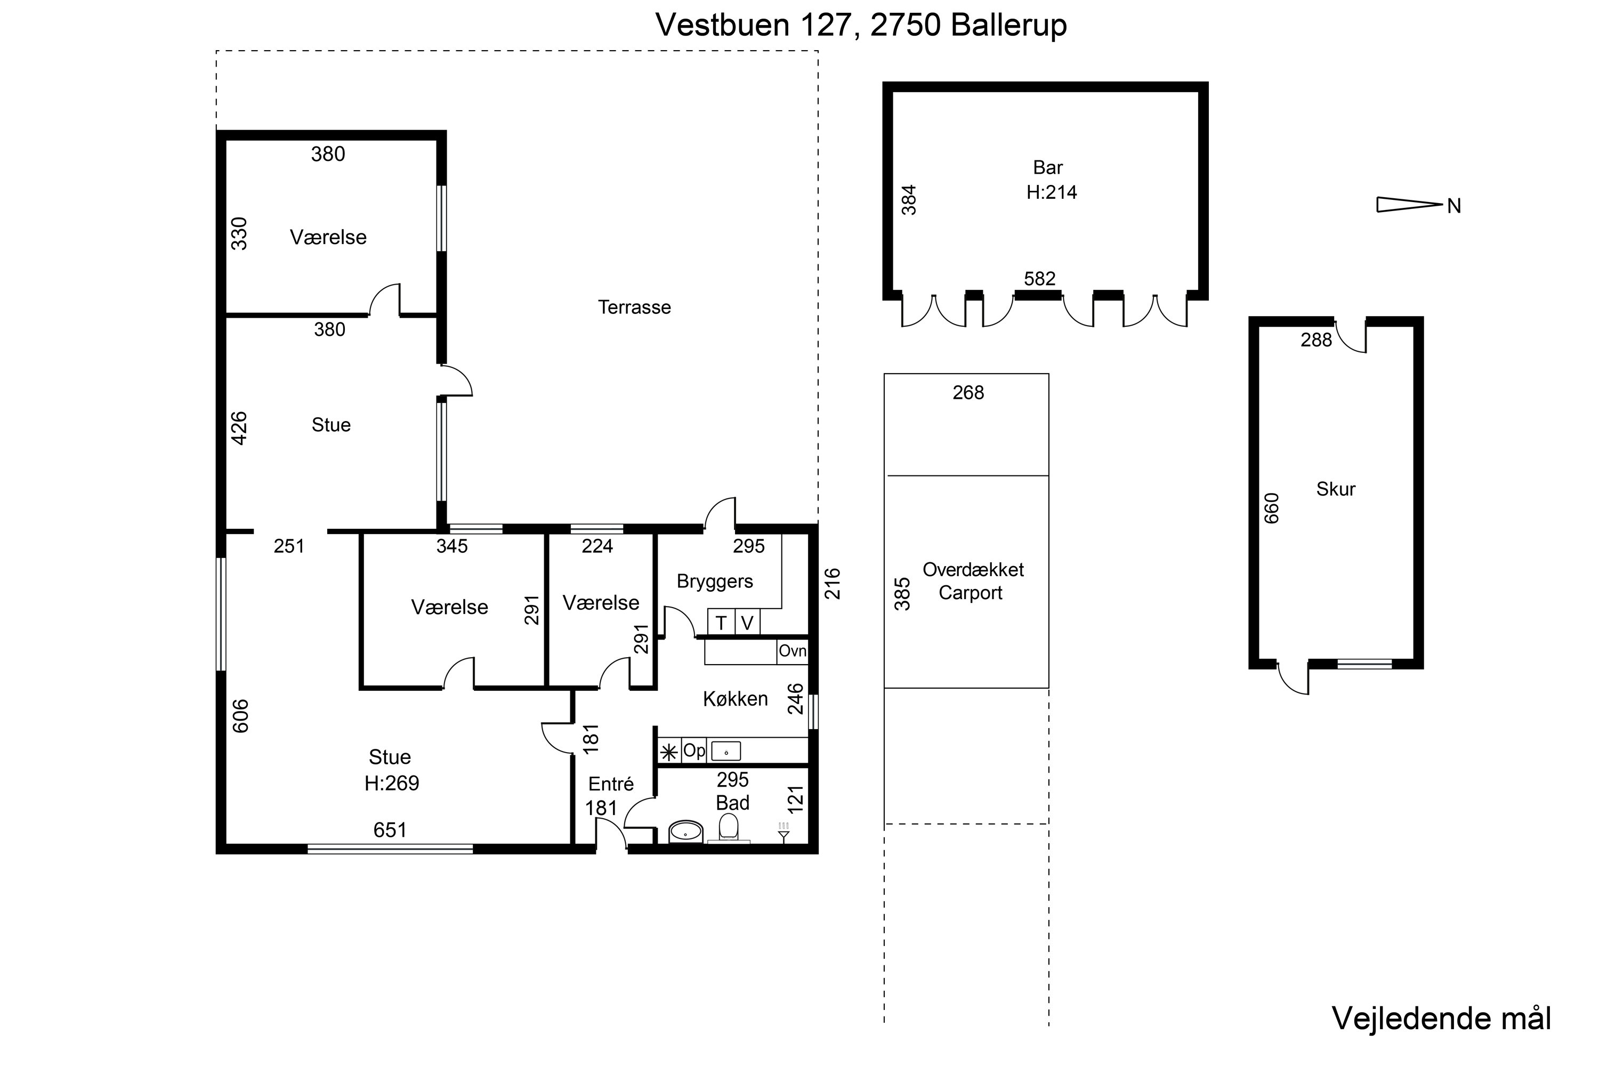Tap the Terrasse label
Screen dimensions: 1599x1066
[x=634, y=308]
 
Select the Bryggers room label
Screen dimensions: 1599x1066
[x=715, y=582]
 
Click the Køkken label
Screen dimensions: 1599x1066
[x=735, y=699]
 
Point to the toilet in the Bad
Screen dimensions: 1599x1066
[x=728, y=828]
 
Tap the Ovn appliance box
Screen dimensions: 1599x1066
[x=792, y=651]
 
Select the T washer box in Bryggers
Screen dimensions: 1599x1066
[x=721, y=622]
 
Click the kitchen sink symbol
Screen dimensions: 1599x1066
[x=725, y=751]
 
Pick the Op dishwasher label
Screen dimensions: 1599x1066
[x=693, y=750]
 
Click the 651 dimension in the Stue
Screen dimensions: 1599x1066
[x=390, y=830]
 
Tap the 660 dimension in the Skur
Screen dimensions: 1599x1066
[x=1271, y=508]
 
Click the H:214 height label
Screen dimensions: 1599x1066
[x=1051, y=192]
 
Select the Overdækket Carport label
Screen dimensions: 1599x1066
[x=972, y=582]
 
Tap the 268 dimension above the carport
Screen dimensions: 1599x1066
[x=968, y=393]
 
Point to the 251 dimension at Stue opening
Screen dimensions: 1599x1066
[x=289, y=547]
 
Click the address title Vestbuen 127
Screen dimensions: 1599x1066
[x=753, y=25]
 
